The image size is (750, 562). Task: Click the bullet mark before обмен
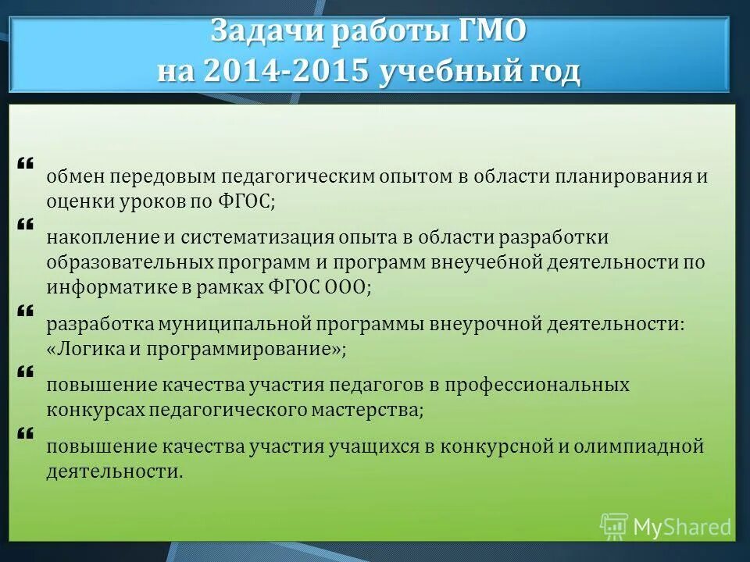coord(24,163)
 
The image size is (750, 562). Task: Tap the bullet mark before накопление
coord(24,224)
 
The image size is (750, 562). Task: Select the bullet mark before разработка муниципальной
coord(24,311)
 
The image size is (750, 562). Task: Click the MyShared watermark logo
coord(666,527)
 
